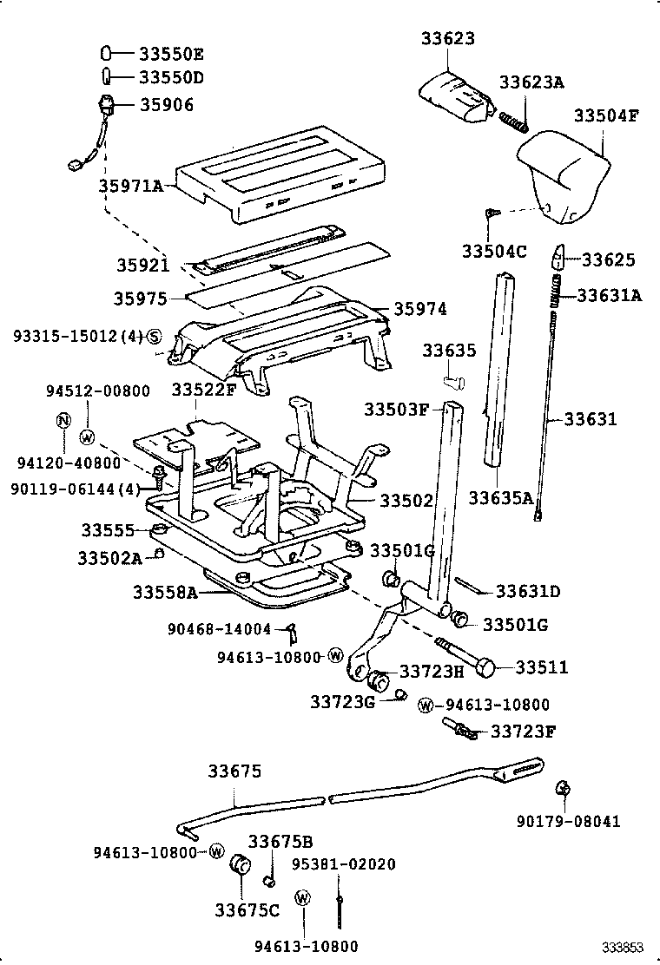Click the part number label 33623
(x=448, y=38)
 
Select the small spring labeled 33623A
(x=513, y=121)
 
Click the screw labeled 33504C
(x=492, y=212)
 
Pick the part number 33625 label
(x=608, y=259)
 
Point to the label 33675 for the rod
(x=234, y=771)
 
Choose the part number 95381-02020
(x=342, y=864)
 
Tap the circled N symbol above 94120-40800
(x=63, y=421)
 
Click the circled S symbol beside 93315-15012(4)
(x=154, y=336)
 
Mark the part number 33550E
(x=171, y=52)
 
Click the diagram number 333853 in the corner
(x=624, y=947)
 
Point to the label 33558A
(x=165, y=593)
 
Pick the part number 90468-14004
(x=220, y=628)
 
